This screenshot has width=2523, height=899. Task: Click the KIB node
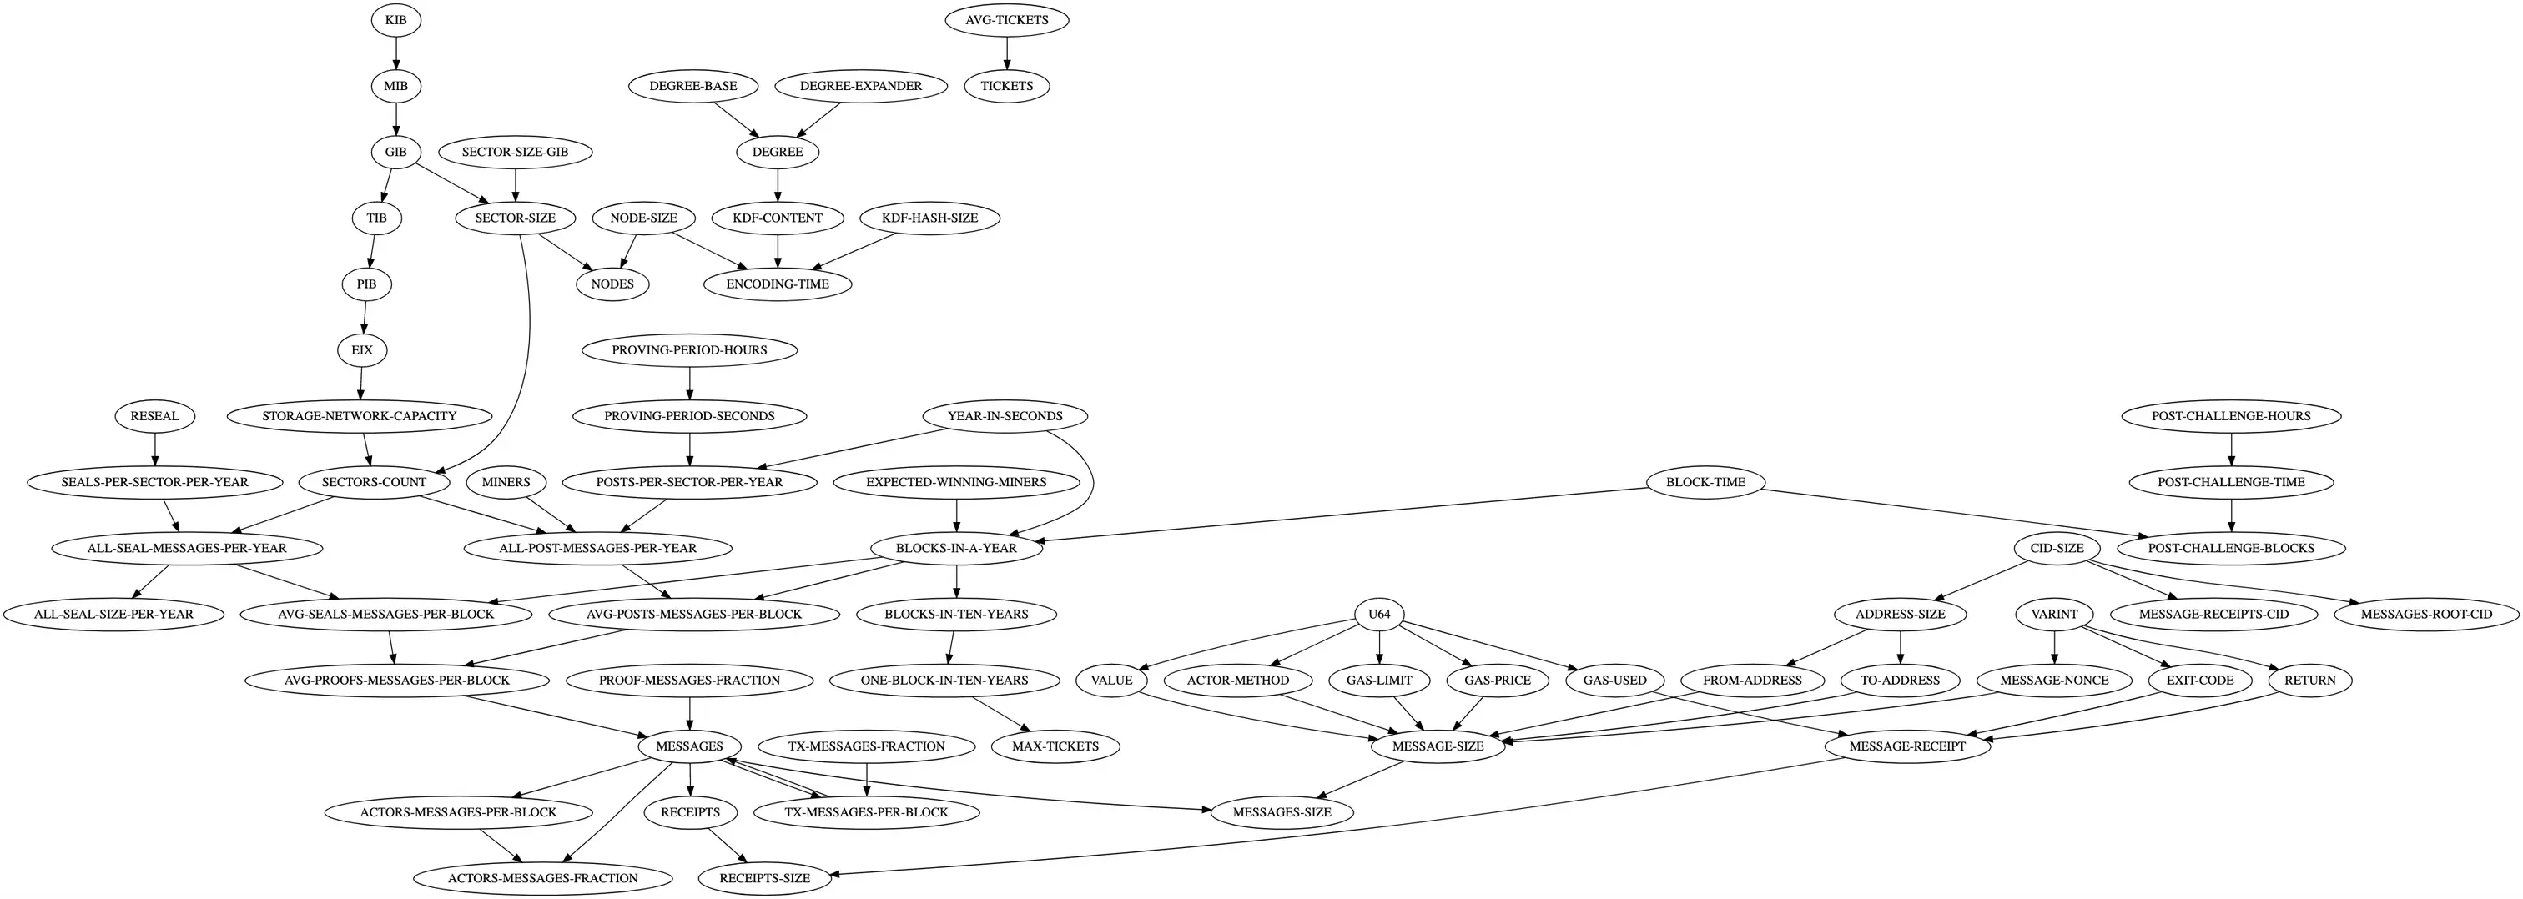click(395, 19)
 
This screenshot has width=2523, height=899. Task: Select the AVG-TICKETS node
click(1007, 19)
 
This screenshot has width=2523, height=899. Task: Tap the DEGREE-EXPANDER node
click(861, 86)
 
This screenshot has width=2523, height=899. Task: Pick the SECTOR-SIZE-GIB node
click(515, 152)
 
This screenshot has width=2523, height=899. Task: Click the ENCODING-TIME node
click(778, 284)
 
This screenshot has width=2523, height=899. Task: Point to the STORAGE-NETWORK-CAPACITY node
click(360, 416)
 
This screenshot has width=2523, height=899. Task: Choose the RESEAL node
click(154, 416)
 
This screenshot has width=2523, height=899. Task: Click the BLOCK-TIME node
click(1706, 482)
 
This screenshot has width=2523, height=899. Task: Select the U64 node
click(1379, 614)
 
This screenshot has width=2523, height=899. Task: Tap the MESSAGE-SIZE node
click(1438, 746)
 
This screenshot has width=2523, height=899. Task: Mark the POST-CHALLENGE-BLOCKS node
click(2231, 549)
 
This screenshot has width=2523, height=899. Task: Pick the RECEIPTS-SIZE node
click(765, 878)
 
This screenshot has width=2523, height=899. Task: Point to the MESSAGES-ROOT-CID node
click(2427, 614)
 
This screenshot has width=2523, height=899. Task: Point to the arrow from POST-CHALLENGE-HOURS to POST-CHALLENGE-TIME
click(2231, 449)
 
